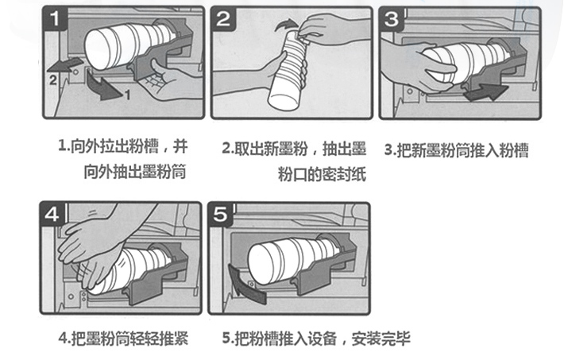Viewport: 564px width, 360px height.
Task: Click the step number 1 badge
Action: point(55,18)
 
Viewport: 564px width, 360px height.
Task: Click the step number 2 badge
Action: point(223,18)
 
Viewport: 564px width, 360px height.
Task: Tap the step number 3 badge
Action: point(392,19)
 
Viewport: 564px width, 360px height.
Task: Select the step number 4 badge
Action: point(52,215)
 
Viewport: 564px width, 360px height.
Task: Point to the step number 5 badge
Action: point(220,215)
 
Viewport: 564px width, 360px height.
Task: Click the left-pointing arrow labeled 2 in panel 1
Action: point(64,65)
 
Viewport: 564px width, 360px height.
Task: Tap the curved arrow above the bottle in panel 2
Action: point(286,25)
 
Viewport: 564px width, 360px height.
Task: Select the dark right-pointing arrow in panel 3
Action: point(486,91)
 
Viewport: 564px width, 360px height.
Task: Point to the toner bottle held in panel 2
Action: point(288,70)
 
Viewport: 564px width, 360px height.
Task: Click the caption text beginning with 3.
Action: point(457,149)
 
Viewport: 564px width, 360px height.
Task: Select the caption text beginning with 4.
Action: point(123,339)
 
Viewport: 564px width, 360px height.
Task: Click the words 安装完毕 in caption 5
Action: point(381,339)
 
